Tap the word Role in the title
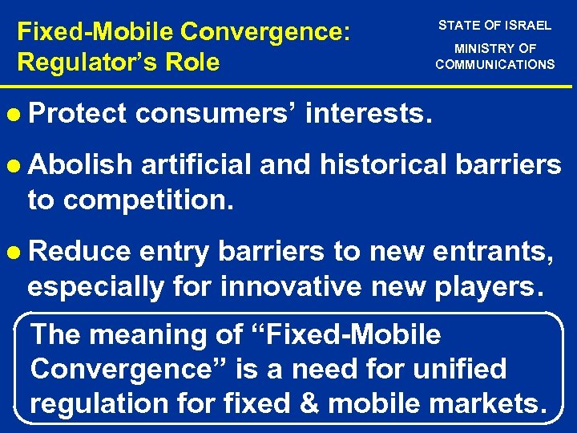pos(192,62)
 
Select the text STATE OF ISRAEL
pos(494,25)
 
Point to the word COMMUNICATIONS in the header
pos(494,64)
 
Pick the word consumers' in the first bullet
pos(218,114)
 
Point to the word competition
pos(148,198)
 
